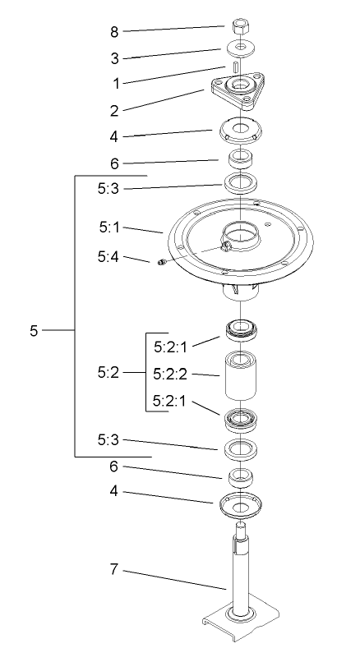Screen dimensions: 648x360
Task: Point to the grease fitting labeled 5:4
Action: coord(161,263)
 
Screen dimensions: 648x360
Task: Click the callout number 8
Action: coord(115,32)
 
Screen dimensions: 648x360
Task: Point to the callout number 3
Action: coord(115,57)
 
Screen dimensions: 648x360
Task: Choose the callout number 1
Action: coord(115,83)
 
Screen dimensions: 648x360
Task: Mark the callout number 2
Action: coord(115,108)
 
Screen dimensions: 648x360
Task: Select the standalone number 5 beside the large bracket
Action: coord(34,330)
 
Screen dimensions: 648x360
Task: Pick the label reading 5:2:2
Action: coord(171,374)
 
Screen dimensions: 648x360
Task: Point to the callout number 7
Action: coord(115,568)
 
